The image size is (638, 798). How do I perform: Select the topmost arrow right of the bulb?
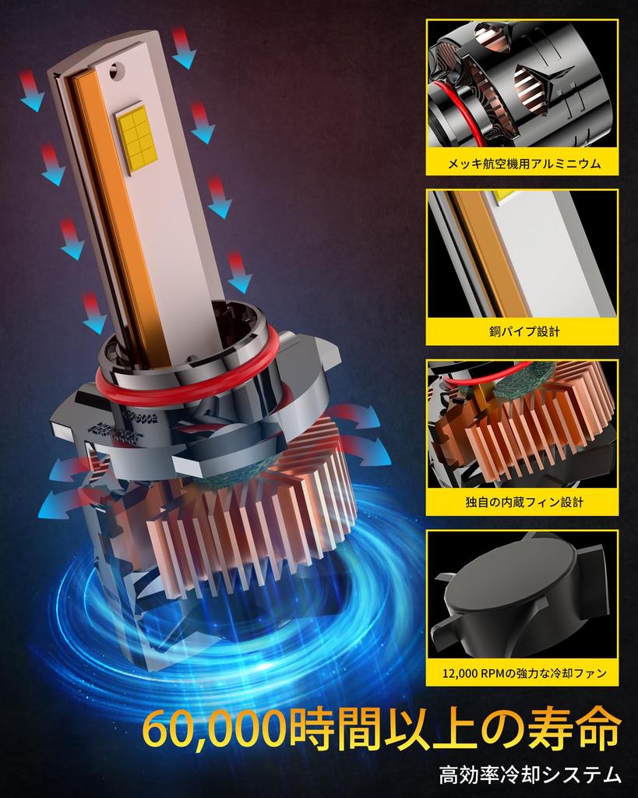(x=183, y=48)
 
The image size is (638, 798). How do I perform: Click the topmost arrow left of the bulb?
(x=31, y=90)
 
